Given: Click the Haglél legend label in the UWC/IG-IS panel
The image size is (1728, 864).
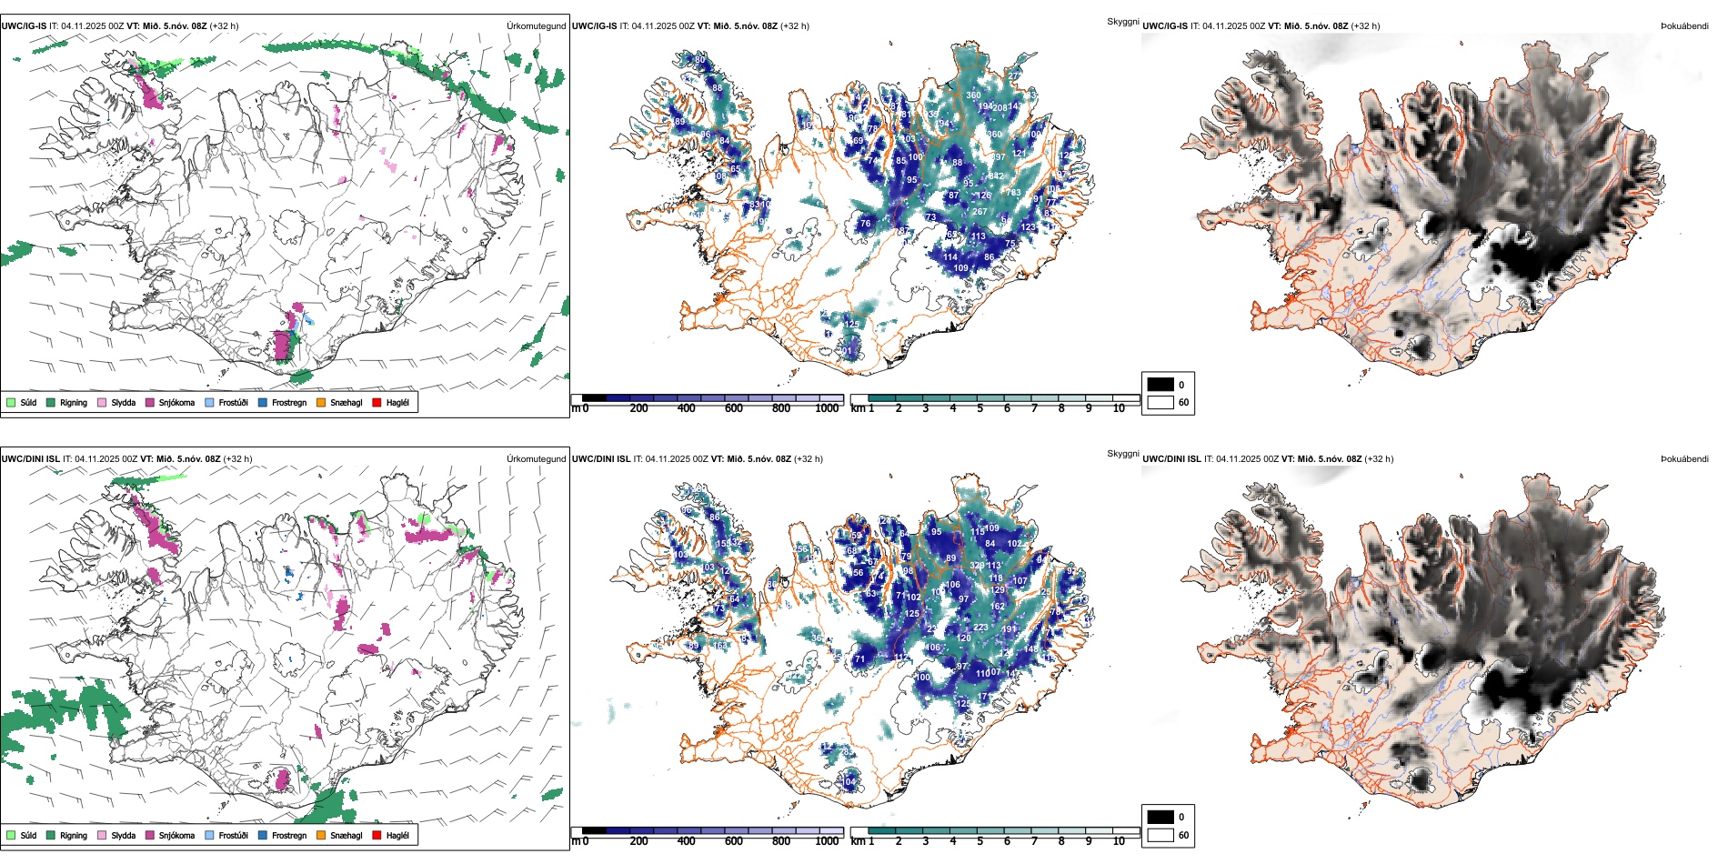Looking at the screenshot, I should click(397, 402).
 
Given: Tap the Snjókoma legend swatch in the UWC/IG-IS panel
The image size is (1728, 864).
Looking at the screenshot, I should click(150, 402).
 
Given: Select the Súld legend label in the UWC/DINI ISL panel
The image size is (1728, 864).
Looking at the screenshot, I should click(28, 835).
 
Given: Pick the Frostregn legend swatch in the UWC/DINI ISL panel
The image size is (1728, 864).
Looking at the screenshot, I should click(263, 835).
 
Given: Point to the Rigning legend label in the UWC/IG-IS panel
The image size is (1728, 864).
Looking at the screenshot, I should click(74, 402).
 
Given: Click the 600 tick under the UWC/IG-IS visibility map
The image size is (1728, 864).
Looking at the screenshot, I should click(734, 408).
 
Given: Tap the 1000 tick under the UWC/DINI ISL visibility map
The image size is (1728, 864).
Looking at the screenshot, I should click(827, 841).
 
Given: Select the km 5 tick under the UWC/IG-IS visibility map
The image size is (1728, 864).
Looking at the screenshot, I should click(980, 408).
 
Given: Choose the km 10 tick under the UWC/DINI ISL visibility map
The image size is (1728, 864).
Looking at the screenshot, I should click(1119, 841).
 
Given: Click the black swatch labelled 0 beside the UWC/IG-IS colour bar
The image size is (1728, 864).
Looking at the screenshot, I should click(1160, 385).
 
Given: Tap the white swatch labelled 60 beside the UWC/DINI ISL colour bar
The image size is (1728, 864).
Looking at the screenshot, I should click(1160, 834).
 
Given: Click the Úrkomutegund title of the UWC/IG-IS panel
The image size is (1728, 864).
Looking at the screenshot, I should click(536, 25).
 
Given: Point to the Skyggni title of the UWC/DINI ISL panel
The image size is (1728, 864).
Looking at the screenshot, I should click(1122, 454).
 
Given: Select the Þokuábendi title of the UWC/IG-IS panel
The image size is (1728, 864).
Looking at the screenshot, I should click(1684, 25).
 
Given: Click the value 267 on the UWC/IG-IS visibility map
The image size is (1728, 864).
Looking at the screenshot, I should click(980, 211).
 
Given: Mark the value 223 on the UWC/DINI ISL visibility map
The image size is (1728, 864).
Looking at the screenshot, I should click(980, 628).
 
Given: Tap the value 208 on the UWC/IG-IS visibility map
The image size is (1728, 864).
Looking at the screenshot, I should click(1000, 107).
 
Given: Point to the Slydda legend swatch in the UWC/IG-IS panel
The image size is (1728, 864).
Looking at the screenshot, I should click(102, 402).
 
